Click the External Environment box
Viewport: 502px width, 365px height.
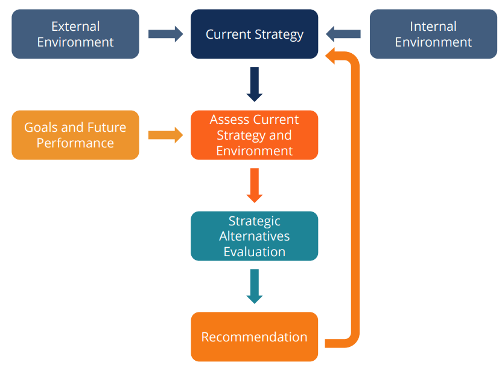[75, 34]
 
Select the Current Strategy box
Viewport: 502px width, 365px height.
[254, 34]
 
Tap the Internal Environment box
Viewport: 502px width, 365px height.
[433, 34]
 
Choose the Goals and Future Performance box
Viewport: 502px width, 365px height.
[75, 135]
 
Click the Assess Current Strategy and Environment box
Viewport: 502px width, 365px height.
[254, 135]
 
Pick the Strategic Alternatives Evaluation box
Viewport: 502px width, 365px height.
[254, 236]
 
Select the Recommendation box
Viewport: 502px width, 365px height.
[254, 337]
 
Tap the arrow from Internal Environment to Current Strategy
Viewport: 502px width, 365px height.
[343, 34]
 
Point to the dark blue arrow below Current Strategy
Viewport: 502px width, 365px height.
[255, 84]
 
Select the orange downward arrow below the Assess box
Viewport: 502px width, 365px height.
[255, 185]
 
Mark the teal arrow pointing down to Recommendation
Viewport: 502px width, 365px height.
[255, 286]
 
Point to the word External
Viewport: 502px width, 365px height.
[75, 26]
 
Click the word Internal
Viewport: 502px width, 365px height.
[433, 26]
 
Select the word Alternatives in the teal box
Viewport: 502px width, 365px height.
[254, 236]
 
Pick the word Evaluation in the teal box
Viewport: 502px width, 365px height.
[254, 251]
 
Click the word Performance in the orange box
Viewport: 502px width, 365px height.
[75, 143]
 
